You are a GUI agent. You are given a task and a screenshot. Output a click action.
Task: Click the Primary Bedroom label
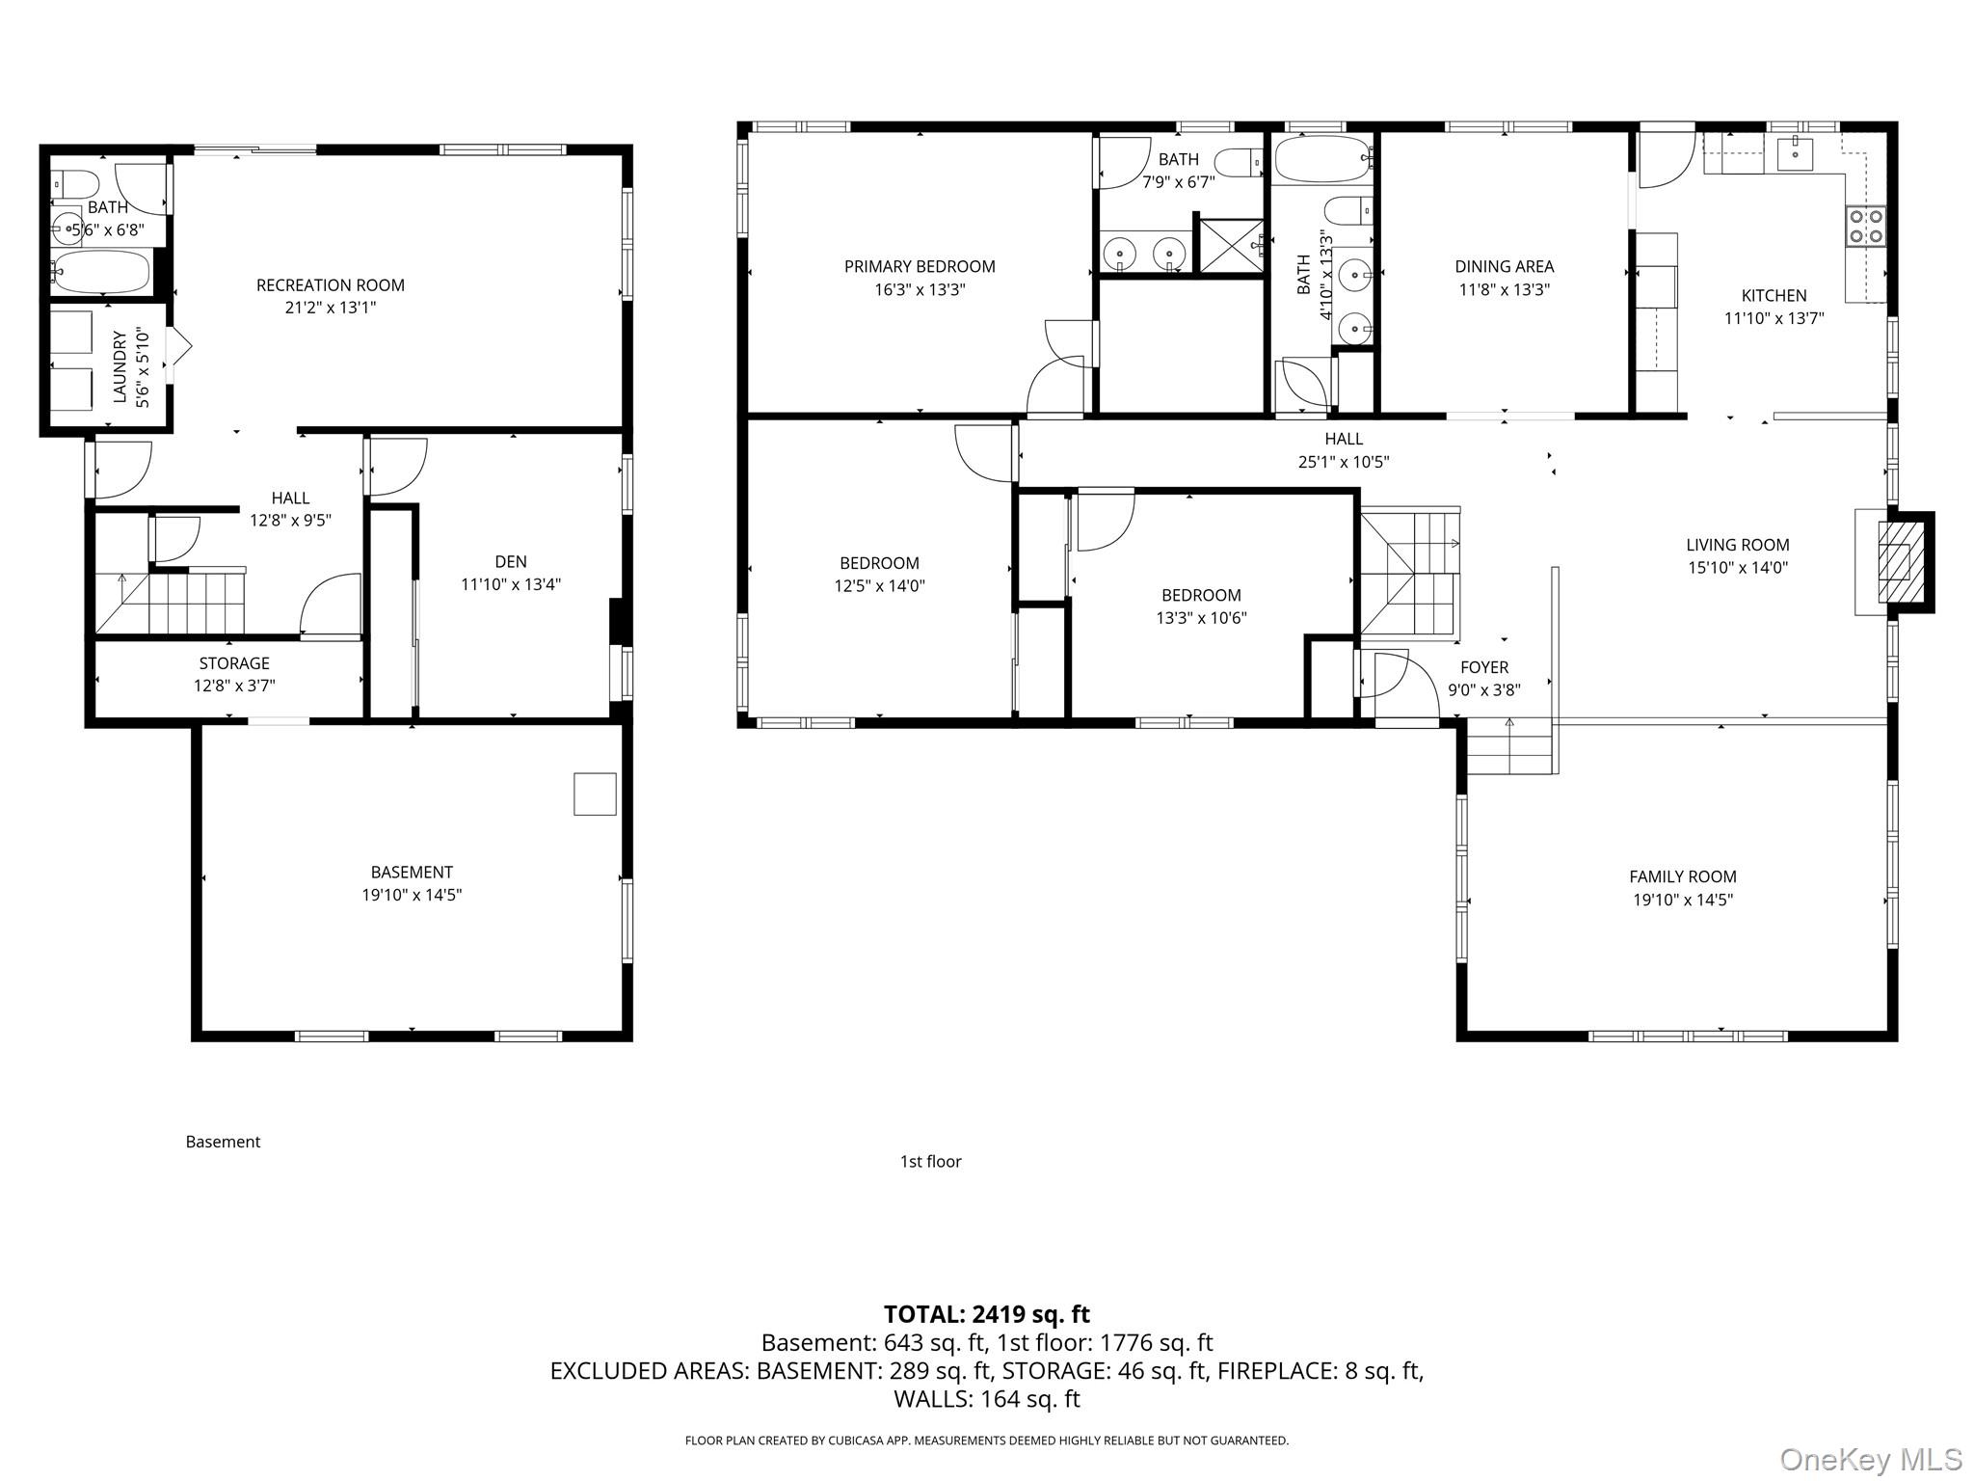coord(919,267)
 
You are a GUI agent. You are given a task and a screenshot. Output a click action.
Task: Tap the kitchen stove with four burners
coord(1865,227)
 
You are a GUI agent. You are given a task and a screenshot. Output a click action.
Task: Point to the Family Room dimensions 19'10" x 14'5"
coord(1682,901)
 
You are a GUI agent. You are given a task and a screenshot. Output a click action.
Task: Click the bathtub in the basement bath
coord(101,272)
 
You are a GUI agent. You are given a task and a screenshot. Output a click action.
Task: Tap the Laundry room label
coord(120,366)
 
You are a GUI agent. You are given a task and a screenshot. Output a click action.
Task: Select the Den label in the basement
coord(510,561)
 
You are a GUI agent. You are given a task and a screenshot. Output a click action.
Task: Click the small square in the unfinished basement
coord(595,794)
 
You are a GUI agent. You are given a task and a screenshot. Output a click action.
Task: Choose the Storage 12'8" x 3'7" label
coord(234,674)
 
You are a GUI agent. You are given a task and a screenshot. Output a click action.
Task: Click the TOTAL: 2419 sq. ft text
coord(986,1314)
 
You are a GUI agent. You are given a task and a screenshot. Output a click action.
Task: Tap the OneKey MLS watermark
coord(1870,1460)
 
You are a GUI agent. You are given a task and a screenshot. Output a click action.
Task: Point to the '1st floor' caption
coord(930,1162)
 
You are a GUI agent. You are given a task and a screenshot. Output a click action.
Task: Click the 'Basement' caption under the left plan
coord(223,1142)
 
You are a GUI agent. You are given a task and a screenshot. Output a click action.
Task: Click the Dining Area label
coord(1504,267)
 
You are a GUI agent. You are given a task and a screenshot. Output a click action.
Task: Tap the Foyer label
coord(1483,667)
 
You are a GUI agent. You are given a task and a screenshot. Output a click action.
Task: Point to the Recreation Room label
coord(330,285)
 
